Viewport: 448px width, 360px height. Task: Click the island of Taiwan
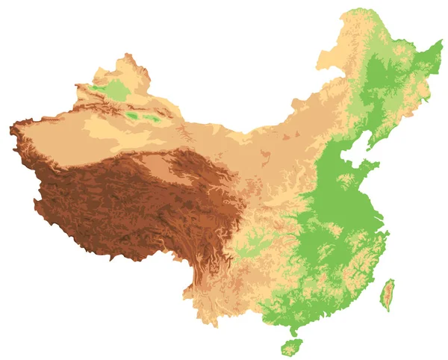pyautogui.click(x=388, y=295)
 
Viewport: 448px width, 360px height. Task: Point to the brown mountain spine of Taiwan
pyautogui.click(x=389, y=293)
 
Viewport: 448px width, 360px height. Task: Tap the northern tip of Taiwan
pyautogui.click(x=391, y=280)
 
